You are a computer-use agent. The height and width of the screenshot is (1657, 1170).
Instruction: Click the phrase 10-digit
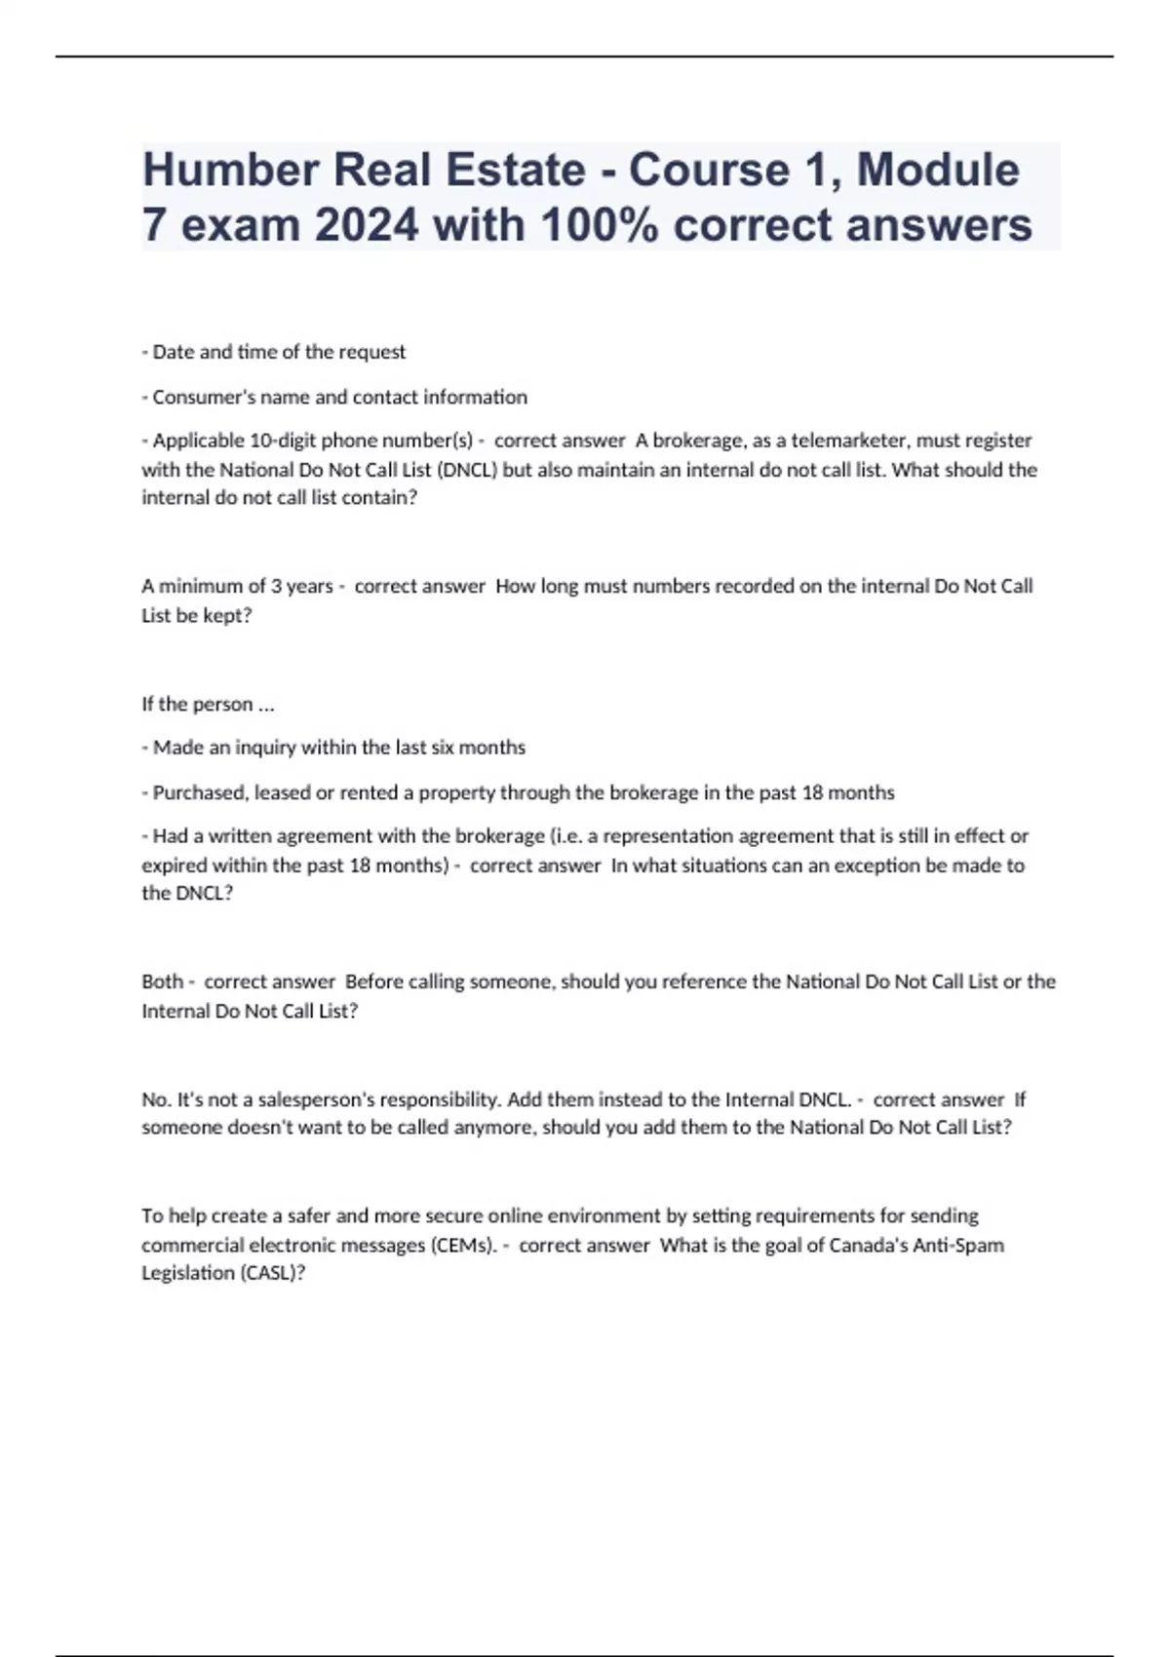coord(284,441)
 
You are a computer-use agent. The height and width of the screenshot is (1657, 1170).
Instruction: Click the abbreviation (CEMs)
coord(463,1245)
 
